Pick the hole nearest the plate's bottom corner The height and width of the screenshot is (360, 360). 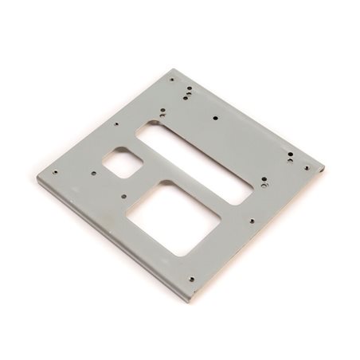tap(192, 279)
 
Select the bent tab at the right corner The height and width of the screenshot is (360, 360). tap(316, 166)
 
